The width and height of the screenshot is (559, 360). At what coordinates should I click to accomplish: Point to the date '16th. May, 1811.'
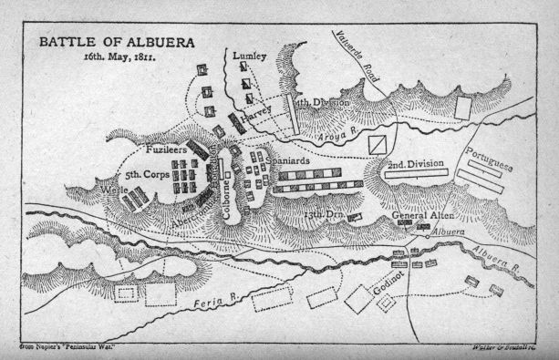(114, 57)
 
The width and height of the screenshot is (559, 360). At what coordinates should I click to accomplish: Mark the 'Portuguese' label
(492, 159)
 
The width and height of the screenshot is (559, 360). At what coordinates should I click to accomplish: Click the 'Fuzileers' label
(168, 149)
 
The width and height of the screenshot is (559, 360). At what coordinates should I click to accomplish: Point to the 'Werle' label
(116, 190)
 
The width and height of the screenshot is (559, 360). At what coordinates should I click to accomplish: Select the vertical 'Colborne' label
(225, 186)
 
